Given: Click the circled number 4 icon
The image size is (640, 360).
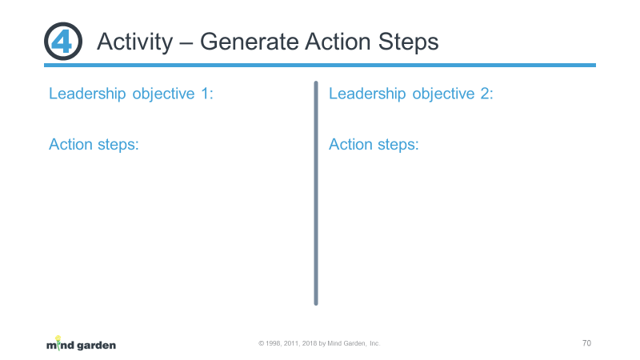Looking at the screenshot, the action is (63, 42).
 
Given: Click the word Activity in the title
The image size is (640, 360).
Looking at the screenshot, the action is (134, 42).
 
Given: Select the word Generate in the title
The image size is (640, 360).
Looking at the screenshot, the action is (249, 42).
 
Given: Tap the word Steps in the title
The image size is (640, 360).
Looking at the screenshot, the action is (408, 42).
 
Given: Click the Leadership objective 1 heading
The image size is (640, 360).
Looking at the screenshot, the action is (131, 94).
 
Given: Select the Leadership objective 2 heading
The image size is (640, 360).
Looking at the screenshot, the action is (411, 94).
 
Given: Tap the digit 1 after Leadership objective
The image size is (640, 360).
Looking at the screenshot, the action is (205, 94).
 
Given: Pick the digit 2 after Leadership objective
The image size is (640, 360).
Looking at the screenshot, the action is (485, 94).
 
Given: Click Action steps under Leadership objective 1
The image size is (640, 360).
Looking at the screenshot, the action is (94, 145).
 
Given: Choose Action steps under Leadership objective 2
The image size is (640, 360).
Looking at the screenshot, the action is (374, 145).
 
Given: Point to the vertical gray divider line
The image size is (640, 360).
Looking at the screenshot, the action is (316, 193).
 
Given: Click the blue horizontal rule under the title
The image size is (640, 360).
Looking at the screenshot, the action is (320, 66).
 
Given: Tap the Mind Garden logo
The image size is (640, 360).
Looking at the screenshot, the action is (81, 344).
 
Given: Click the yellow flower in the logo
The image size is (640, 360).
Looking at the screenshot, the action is (58, 338).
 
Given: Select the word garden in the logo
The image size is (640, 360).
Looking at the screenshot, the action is (96, 346).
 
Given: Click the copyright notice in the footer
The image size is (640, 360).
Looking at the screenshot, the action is (319, 344).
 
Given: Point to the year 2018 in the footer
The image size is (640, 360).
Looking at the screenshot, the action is (310, 344).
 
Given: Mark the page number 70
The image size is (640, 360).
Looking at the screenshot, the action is (586, 343).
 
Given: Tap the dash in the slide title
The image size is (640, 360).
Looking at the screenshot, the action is (186, 43).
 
